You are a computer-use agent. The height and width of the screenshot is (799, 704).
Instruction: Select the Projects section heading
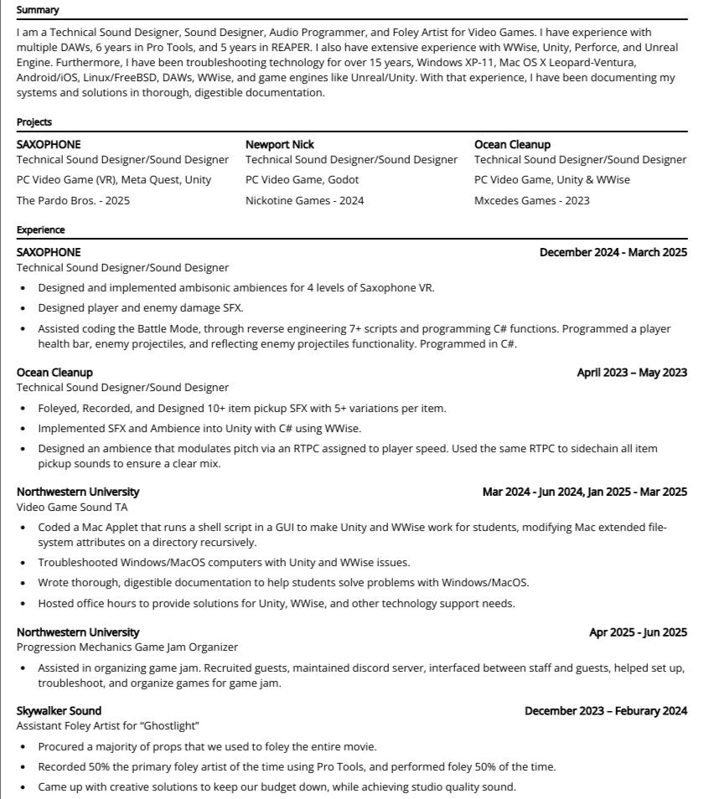coord(34,122)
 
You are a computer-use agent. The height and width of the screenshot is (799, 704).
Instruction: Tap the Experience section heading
coord(40,229)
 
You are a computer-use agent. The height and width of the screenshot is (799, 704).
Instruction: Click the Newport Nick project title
coord(280,144)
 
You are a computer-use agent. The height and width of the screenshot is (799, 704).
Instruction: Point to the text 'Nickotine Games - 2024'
coord(304,200)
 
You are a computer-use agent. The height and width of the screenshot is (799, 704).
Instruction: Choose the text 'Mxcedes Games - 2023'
coord(531,200)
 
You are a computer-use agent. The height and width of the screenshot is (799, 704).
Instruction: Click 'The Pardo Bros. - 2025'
coord(73,200)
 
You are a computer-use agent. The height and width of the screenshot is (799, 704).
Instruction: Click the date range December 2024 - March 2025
coord(613,252)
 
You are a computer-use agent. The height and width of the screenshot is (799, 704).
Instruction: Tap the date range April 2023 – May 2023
coord(632,372)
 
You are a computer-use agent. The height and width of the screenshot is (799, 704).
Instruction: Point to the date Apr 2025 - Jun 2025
coord(638,632)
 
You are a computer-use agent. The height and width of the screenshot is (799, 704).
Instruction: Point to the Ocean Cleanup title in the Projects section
coord(512,144)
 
